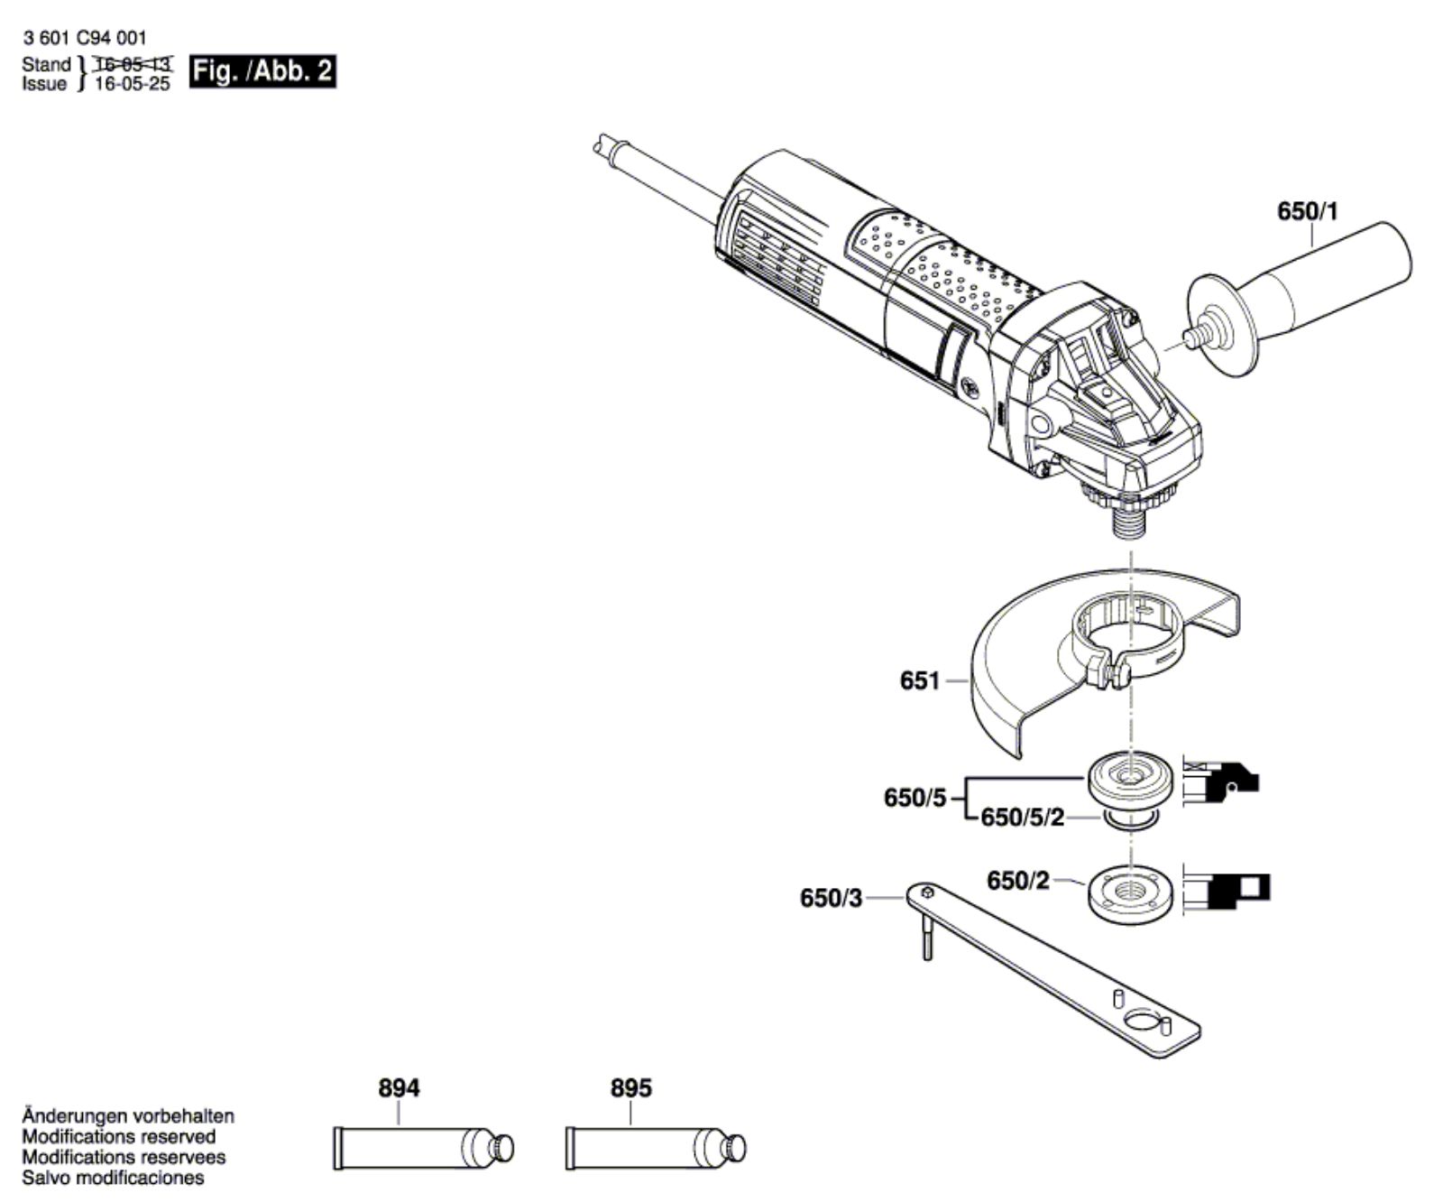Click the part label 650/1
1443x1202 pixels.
pos(1308,212)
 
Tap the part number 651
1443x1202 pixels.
pos(920,680)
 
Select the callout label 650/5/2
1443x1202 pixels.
pos(1022,818)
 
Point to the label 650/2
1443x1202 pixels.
pos(1018,880)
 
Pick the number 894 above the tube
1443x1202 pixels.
pos(399,1088)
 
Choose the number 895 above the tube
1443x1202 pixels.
pos(630,1088)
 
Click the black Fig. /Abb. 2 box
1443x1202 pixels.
pos(262,71)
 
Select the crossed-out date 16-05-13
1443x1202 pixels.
pos(132,64)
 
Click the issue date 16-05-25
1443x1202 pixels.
pos(132,85)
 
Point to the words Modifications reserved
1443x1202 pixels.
pos(118,1136)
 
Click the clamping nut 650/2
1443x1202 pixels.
pos(1130,895)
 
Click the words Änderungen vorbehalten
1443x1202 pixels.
pos(128,1115)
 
